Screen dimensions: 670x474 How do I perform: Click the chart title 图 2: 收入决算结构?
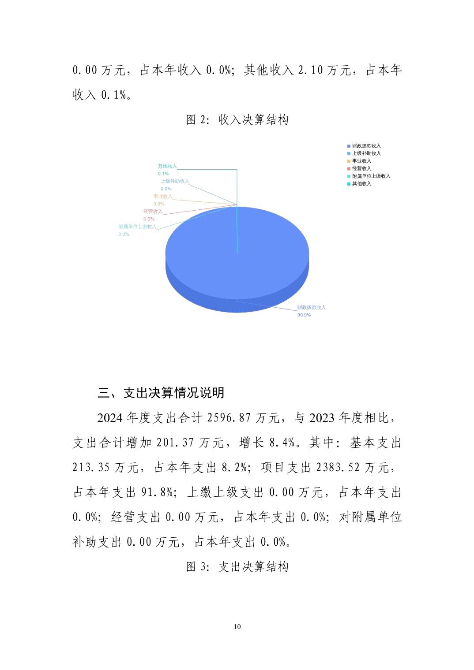237,119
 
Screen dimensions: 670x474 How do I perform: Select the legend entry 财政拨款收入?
366,146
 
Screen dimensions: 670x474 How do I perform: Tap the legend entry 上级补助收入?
366,153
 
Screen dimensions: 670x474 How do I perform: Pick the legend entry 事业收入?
361,161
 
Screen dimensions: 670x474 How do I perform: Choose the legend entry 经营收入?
361,168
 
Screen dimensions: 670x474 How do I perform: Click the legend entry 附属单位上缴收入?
371,176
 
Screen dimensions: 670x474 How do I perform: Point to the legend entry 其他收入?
361,184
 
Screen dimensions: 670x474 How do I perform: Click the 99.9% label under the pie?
304,315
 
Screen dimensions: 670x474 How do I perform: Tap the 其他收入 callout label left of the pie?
167,166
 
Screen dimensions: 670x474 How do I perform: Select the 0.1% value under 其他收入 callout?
163,174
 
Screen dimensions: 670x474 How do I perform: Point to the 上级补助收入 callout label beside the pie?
174,181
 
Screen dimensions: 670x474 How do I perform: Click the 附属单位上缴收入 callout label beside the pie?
137,227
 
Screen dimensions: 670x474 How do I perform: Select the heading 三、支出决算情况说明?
161,393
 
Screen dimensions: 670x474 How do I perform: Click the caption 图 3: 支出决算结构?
237,567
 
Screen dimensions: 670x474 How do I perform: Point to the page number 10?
237,627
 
